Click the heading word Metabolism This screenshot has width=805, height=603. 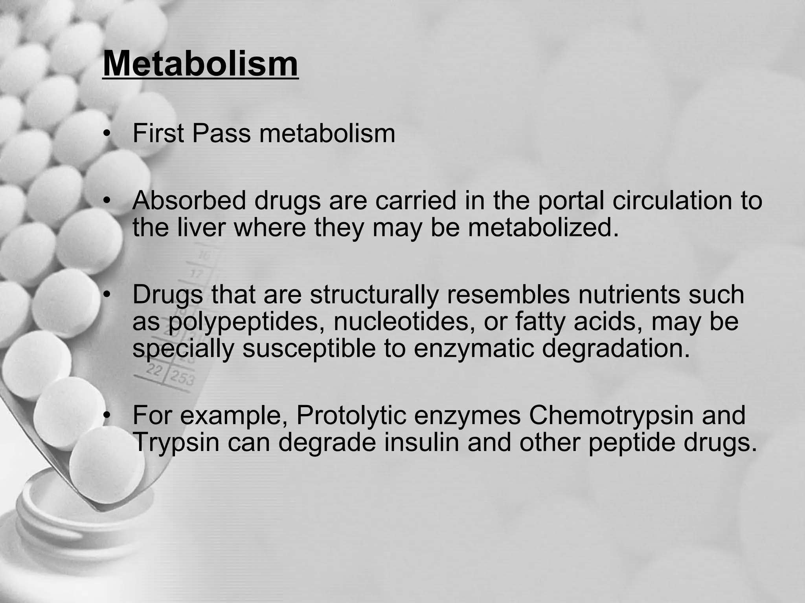200,64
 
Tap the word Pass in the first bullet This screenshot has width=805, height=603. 221,133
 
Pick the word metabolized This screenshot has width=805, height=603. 543,227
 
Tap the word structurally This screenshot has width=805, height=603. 374,294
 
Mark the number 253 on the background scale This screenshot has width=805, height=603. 181,378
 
